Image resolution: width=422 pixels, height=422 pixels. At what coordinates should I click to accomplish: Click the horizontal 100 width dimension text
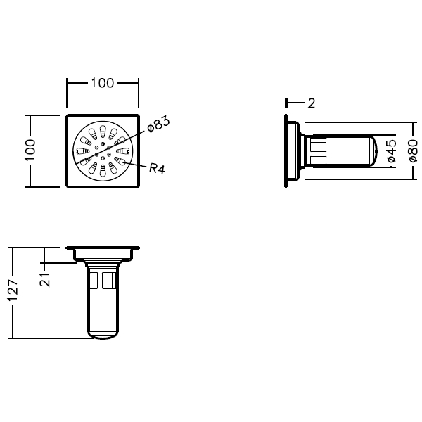click(102, 83)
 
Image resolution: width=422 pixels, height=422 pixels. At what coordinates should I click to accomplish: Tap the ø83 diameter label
click(159, 124)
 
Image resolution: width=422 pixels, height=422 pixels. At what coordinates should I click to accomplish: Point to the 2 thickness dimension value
click(311, 103)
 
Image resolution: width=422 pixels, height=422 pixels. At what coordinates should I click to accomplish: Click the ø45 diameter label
click(392, 152)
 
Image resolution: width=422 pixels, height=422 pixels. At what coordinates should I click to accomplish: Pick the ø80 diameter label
click(413, 151)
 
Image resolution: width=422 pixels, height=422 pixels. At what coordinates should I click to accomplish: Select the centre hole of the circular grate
click(102, 150)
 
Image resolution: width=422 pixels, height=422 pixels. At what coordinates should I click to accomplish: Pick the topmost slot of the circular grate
click(103, 130)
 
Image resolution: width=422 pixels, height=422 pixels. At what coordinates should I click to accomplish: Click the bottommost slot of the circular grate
click(102, 170)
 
